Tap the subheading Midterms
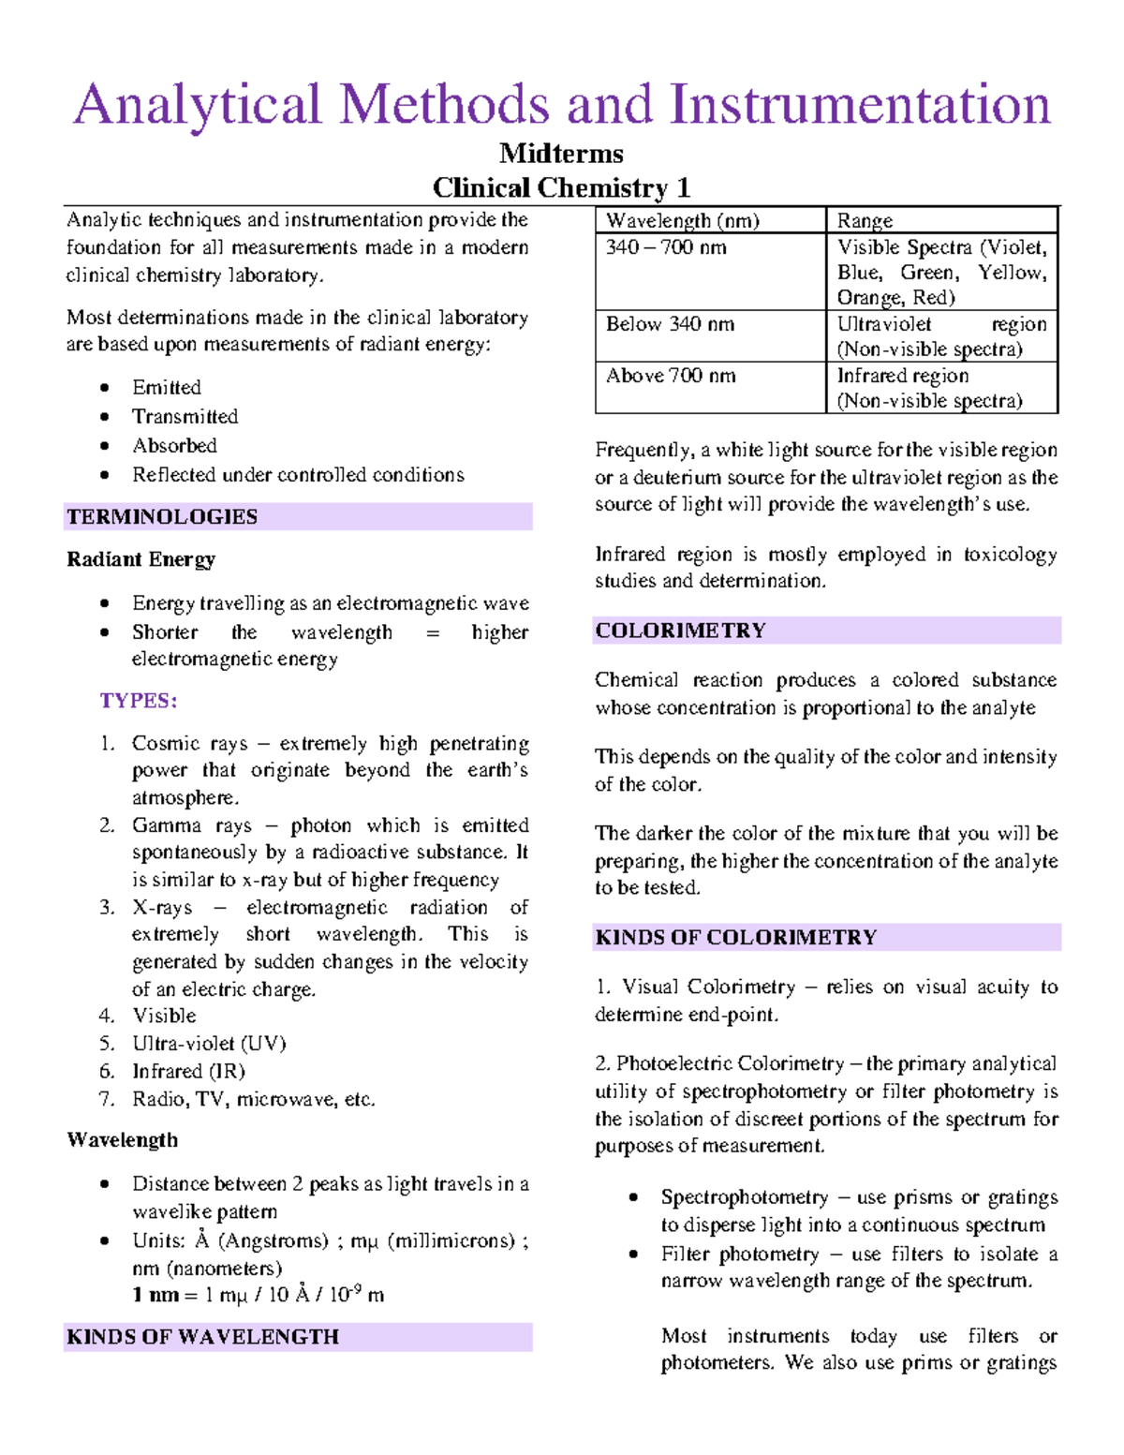(x=561, y=154)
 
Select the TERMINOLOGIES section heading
(x=162, y=517)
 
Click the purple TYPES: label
(x=139, y=701)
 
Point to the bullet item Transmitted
(x=185, y=417)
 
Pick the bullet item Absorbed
(x=174, y=446)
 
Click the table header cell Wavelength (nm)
(x=682, y=221)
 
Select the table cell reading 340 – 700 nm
(x=666, y=248)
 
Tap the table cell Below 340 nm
(x=670, y=325)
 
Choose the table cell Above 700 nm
(x=671, y=377)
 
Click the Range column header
(x=865, y=221)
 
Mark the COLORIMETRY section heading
(x=681, y=631)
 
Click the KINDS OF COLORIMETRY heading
(x=736, y=938)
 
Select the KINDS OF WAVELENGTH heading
(x=202, y=1337)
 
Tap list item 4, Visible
(x=164, y=1017)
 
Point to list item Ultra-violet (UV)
(x=209, y=1044)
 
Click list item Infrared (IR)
(x=188, y=1071)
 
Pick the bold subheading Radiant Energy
(x=140, y=560)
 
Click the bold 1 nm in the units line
(x=155, y=1296)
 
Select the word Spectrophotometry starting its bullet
(x=745, y=1198)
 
